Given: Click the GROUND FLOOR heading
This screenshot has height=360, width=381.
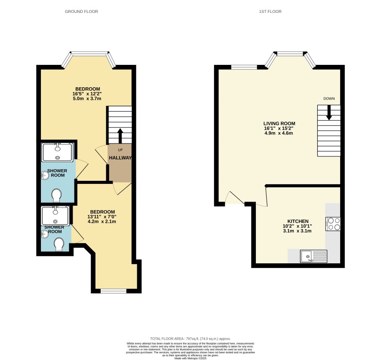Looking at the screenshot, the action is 81,12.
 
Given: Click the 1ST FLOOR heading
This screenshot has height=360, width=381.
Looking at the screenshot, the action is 270,12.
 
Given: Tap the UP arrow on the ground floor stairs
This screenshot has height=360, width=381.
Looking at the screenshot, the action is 120,136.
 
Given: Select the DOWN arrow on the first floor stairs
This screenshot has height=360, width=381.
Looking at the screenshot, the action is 329,113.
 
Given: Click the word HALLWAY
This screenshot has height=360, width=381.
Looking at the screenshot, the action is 120,158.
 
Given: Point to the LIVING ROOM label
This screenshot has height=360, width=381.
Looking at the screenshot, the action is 280,124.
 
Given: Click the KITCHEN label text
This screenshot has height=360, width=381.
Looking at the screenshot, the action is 298,221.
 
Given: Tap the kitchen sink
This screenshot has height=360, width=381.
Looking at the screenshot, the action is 313,256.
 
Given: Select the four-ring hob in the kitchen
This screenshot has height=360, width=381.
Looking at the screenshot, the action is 333,224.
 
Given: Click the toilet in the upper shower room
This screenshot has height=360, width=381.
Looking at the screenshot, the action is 57,195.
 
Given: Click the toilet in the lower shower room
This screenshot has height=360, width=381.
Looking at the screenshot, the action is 59,244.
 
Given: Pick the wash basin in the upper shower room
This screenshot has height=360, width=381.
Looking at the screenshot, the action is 45,175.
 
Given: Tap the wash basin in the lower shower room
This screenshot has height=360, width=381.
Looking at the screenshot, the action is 45,234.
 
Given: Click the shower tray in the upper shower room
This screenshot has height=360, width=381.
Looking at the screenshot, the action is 57,153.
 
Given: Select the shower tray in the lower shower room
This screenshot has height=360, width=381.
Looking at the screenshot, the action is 55,216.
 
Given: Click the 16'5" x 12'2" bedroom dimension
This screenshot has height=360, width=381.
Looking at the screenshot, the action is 87,94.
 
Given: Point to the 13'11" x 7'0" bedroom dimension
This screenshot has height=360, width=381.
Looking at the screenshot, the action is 102,217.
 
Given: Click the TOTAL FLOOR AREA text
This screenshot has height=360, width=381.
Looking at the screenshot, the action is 190,339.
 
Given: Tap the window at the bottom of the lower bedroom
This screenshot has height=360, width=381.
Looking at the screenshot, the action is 114,291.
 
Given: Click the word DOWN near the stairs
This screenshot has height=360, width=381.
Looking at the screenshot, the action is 329,98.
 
